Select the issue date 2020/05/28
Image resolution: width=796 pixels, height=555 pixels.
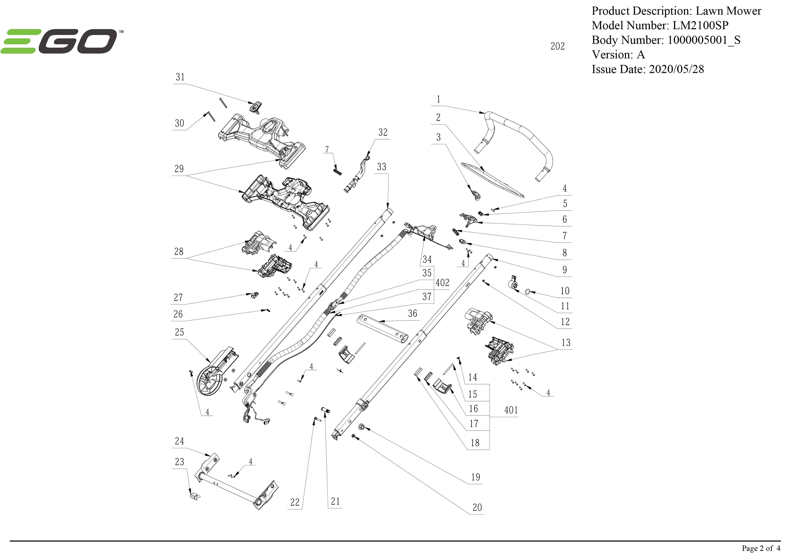tap(676, 69)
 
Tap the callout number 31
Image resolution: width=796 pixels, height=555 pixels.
tap(180, 77)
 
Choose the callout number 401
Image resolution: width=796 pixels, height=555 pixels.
tap(511, 410)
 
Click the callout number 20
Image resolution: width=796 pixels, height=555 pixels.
tap(477, 507)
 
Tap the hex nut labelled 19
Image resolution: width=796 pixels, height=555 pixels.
tap(361, 427)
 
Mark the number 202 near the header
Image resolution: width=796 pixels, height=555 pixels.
tap(557, 46)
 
